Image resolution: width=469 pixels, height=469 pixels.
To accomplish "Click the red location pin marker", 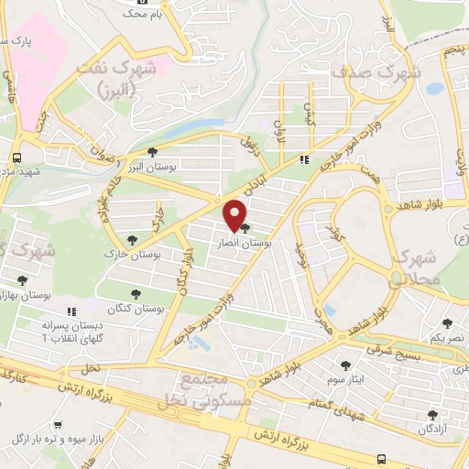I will pyautogui.click(x=235, y=214).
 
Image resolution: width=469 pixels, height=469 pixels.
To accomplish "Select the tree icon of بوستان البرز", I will pyautogui.click(x=152, y=152).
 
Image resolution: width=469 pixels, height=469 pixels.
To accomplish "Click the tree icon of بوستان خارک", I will pyautogui.click(x=133, y=239).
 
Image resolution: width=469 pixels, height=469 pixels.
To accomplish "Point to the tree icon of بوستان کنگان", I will pyautogui.click(x=136, y=295).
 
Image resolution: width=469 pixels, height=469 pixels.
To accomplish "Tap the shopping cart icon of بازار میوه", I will pyautogui.click(x=59, y=425).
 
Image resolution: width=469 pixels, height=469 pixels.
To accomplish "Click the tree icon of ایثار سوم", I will pyautogui.click(x=345, y=365).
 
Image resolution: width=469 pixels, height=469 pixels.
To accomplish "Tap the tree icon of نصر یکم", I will pyautogui.click(x=447, y=323).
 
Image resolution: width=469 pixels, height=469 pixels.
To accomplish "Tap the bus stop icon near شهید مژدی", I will pyautogui.click(x=19, y=156).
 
